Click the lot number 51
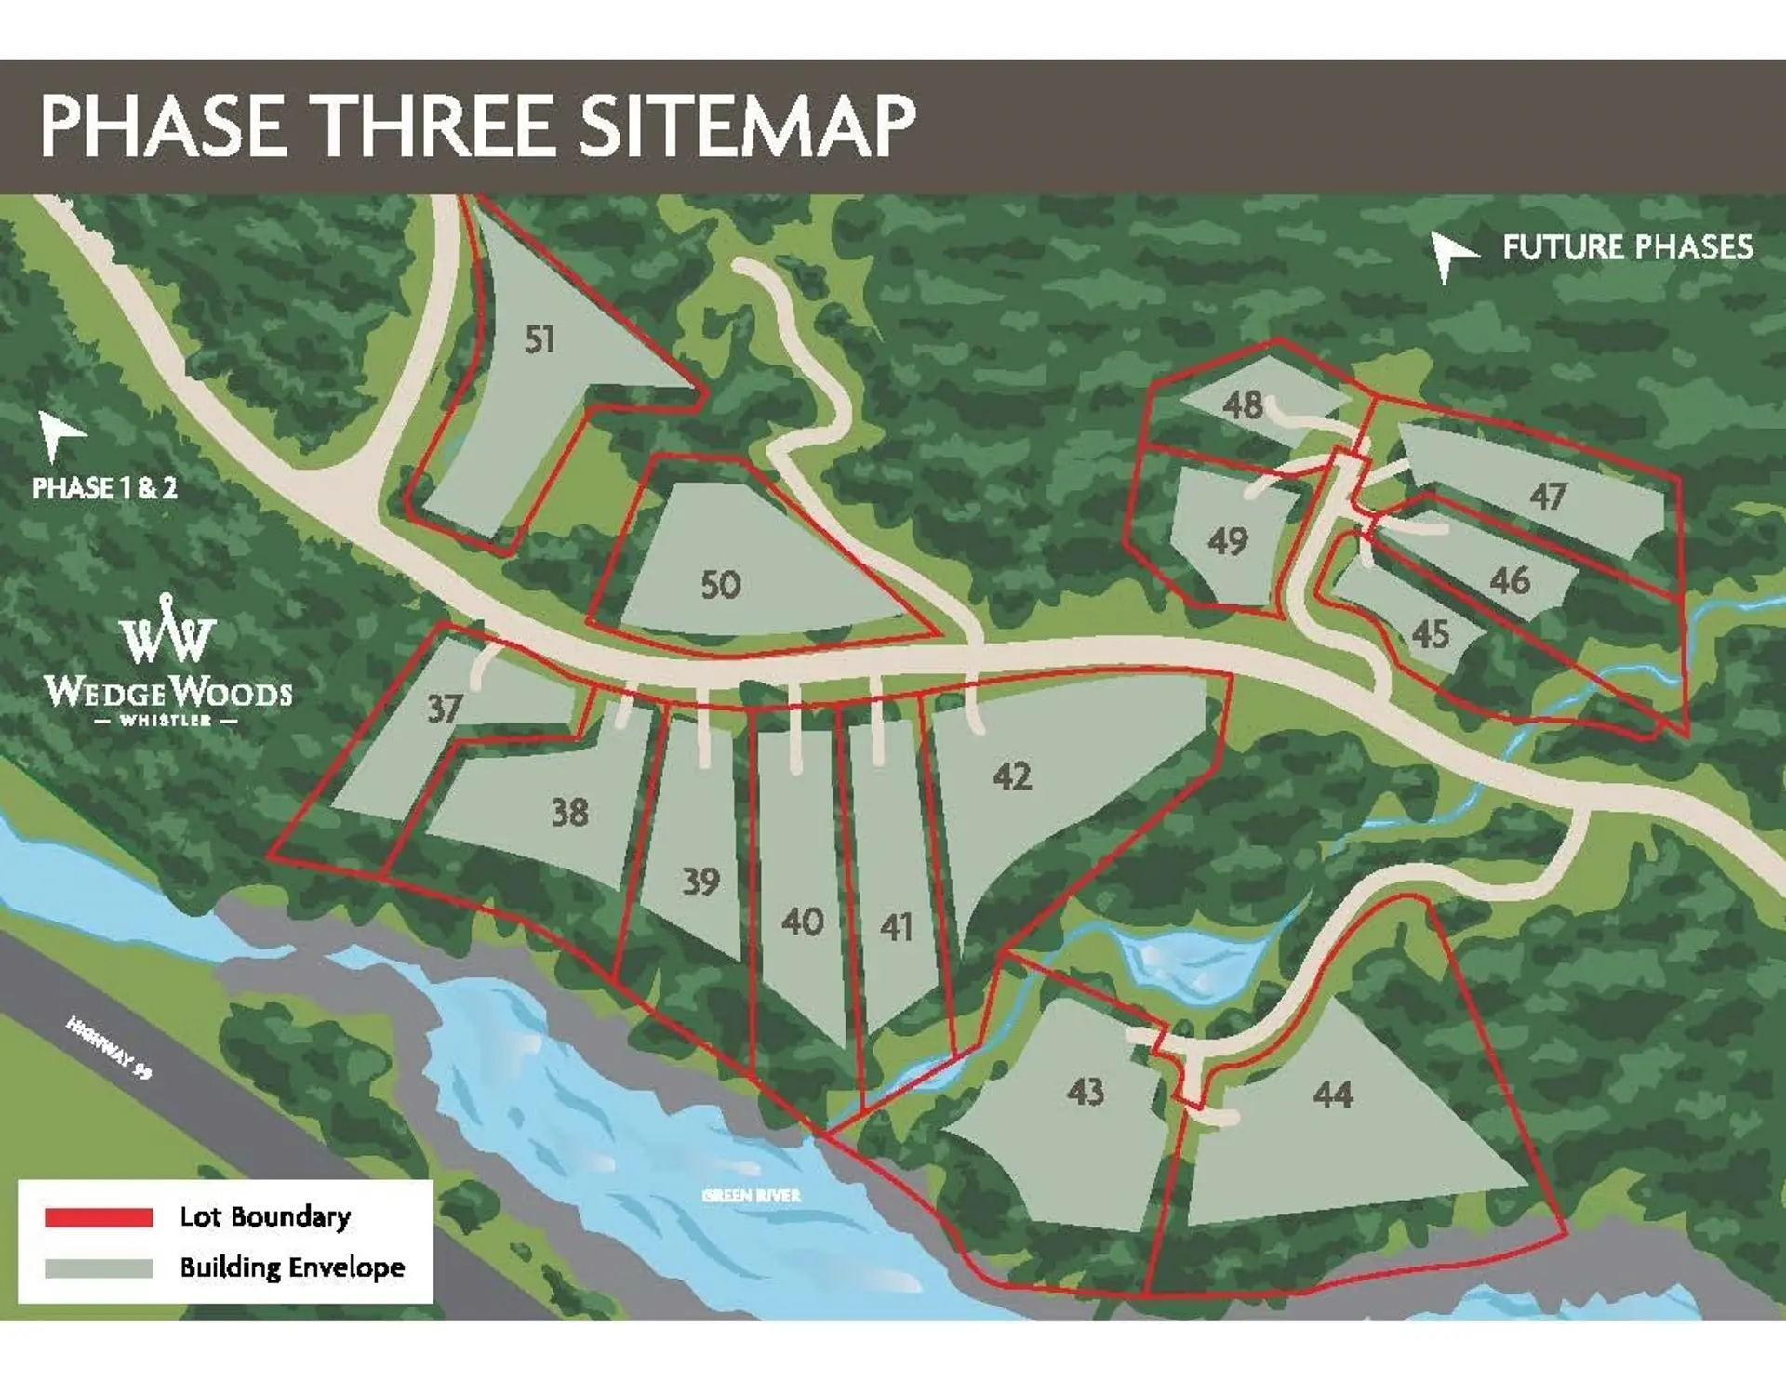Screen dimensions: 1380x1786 pos(540,339)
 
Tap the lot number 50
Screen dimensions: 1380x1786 pos(720,585)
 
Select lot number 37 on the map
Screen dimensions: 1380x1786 pos(444,709)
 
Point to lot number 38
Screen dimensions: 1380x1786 pos(569,813)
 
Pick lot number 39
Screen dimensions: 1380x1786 pos(700,882)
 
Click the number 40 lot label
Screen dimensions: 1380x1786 pos(802,922)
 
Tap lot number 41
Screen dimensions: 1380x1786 pos(896,927)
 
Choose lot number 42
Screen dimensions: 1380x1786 pos(1012,776)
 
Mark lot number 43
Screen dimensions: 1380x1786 pos(1086,1091)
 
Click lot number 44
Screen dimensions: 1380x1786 pos(1332,1095)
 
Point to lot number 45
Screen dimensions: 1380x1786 pos(1430,634)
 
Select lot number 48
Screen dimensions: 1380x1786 pos(1243,405)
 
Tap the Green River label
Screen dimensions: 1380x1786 pos(752,1195)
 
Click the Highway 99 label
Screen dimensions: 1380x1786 pos(109,1047)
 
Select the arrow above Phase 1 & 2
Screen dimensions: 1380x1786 pos(60,435)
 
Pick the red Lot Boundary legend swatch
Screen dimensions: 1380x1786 pos(99,1217)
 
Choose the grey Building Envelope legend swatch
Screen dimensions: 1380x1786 pos(99,1267)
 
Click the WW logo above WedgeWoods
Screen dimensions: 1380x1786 pos(167,630)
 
